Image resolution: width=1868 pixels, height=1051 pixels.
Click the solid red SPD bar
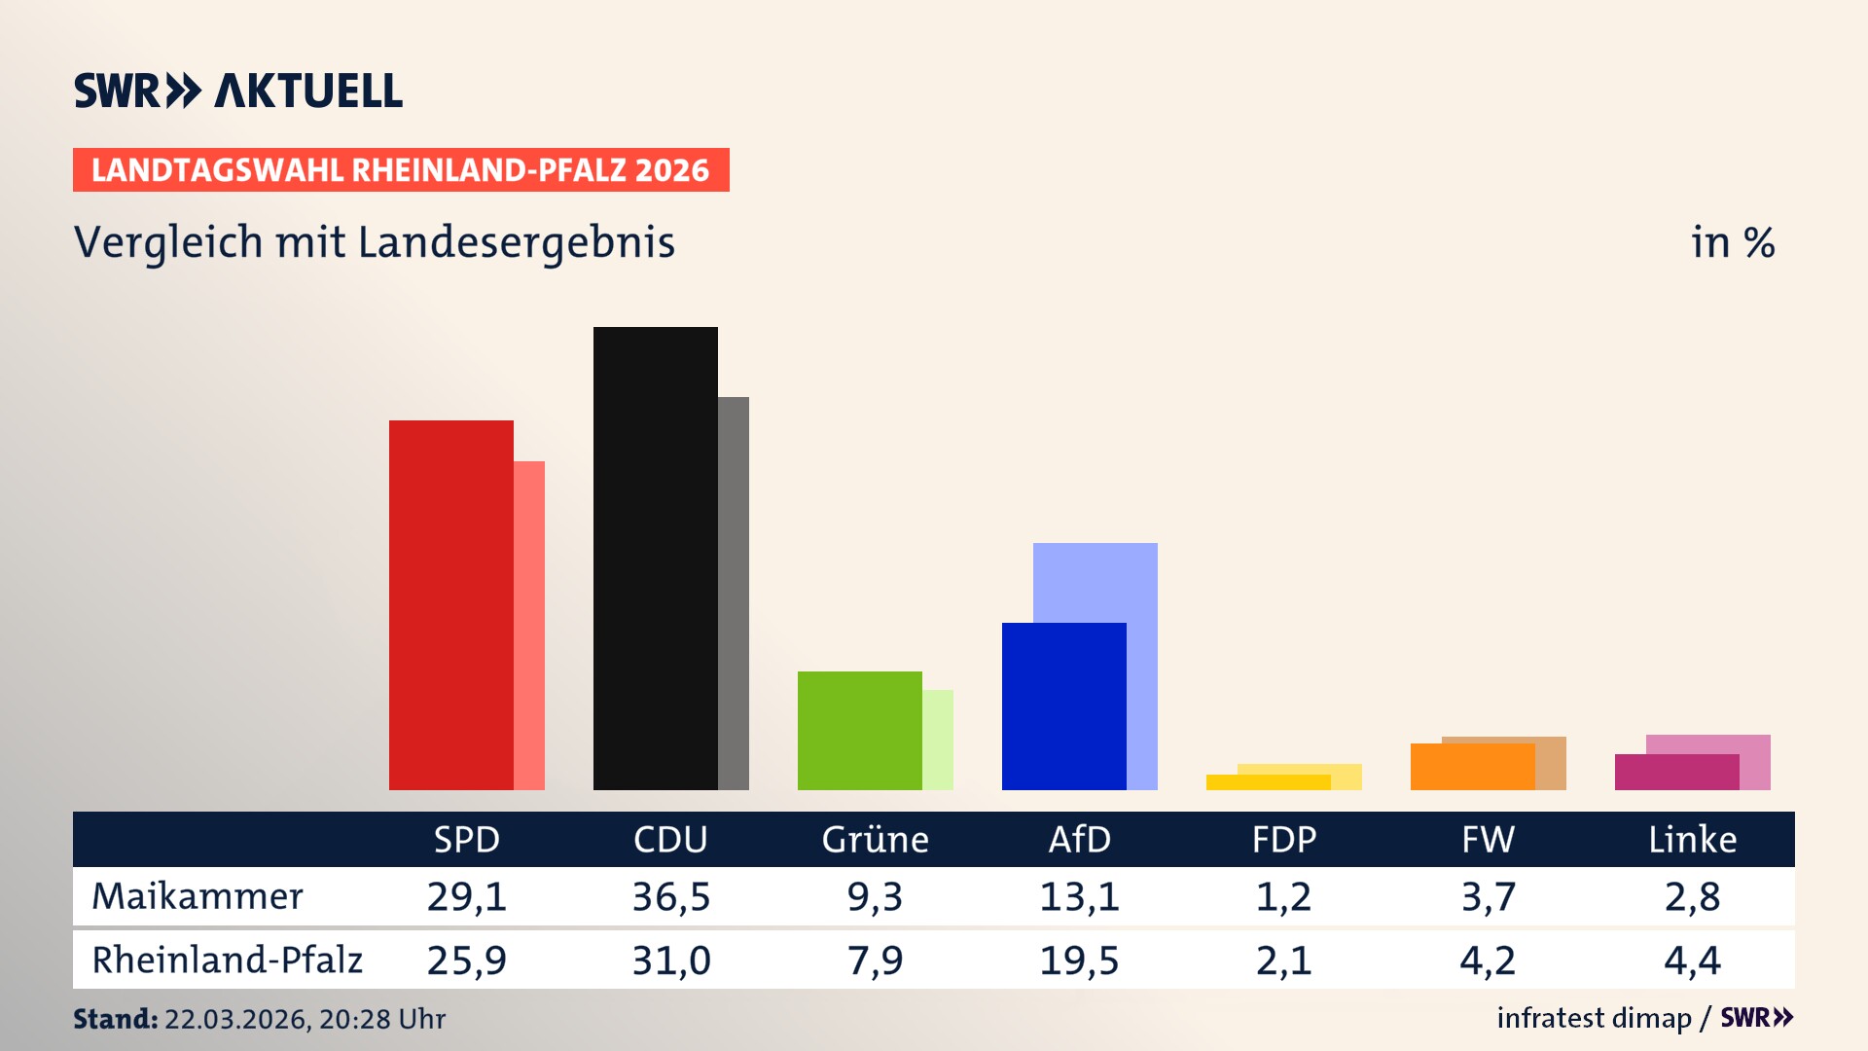(x=450, y=604)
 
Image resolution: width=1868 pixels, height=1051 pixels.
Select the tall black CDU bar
(x=655, y=558)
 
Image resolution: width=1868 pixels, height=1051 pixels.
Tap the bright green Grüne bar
(x=859, y=730)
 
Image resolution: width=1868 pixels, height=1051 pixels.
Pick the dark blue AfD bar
(x=1063, y=706)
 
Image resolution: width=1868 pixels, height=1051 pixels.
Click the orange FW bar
(x=1472, y=767)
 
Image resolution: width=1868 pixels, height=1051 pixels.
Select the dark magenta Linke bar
(x=1676, y=772)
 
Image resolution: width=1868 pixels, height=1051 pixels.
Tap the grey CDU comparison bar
(x=734, y=593)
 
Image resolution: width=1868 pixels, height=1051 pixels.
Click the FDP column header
(x=1283, y=839)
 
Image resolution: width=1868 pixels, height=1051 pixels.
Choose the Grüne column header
(x=875, y=839)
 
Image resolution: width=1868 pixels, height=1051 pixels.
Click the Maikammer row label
(x=198, y=896)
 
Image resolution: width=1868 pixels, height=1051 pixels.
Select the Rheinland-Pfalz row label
(x=227, y=960)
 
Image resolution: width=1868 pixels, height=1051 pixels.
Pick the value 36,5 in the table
(x=671, y=896)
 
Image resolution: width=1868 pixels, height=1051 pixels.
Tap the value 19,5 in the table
(x=1079, y=960)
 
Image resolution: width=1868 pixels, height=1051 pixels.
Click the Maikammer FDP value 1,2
(x=1283, y=896)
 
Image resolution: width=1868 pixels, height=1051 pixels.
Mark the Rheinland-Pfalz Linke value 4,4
(x=1692, y=960)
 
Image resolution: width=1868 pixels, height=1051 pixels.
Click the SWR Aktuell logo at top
(x=238, y=91)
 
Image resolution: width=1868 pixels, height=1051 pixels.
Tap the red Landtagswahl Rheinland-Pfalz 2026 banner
(x=401, y=170)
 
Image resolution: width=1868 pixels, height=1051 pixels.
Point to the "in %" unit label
(x=1732, y=242)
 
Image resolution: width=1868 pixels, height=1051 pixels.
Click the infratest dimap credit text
(x=1594, y=1018)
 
